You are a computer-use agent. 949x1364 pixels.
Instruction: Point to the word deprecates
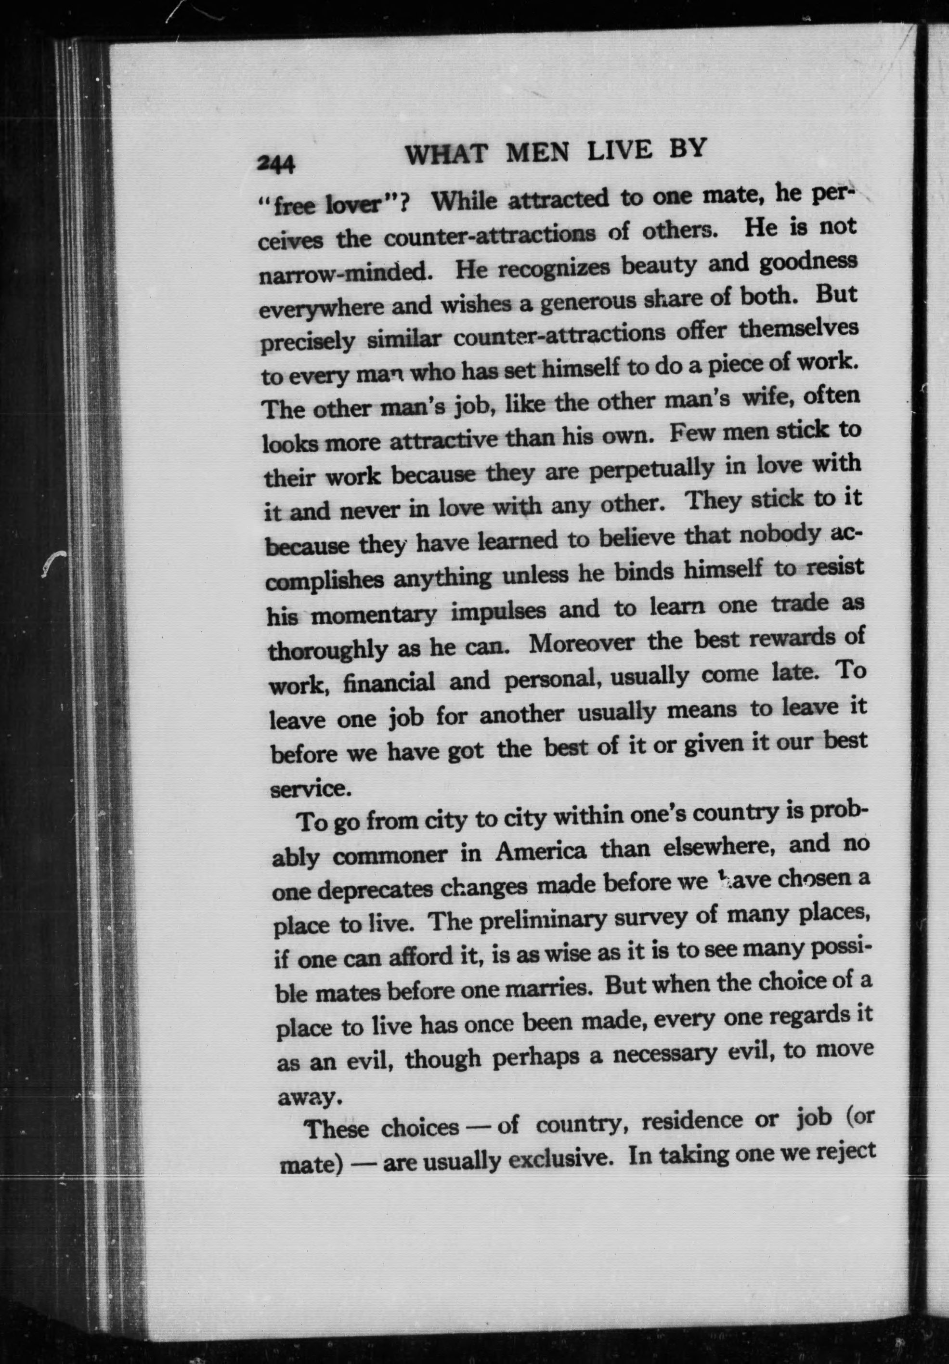[373, 889]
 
